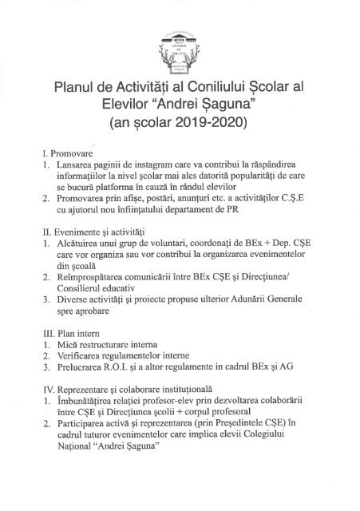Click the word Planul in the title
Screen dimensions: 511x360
pos(77,87)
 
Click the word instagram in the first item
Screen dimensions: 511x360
pos(158,164)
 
